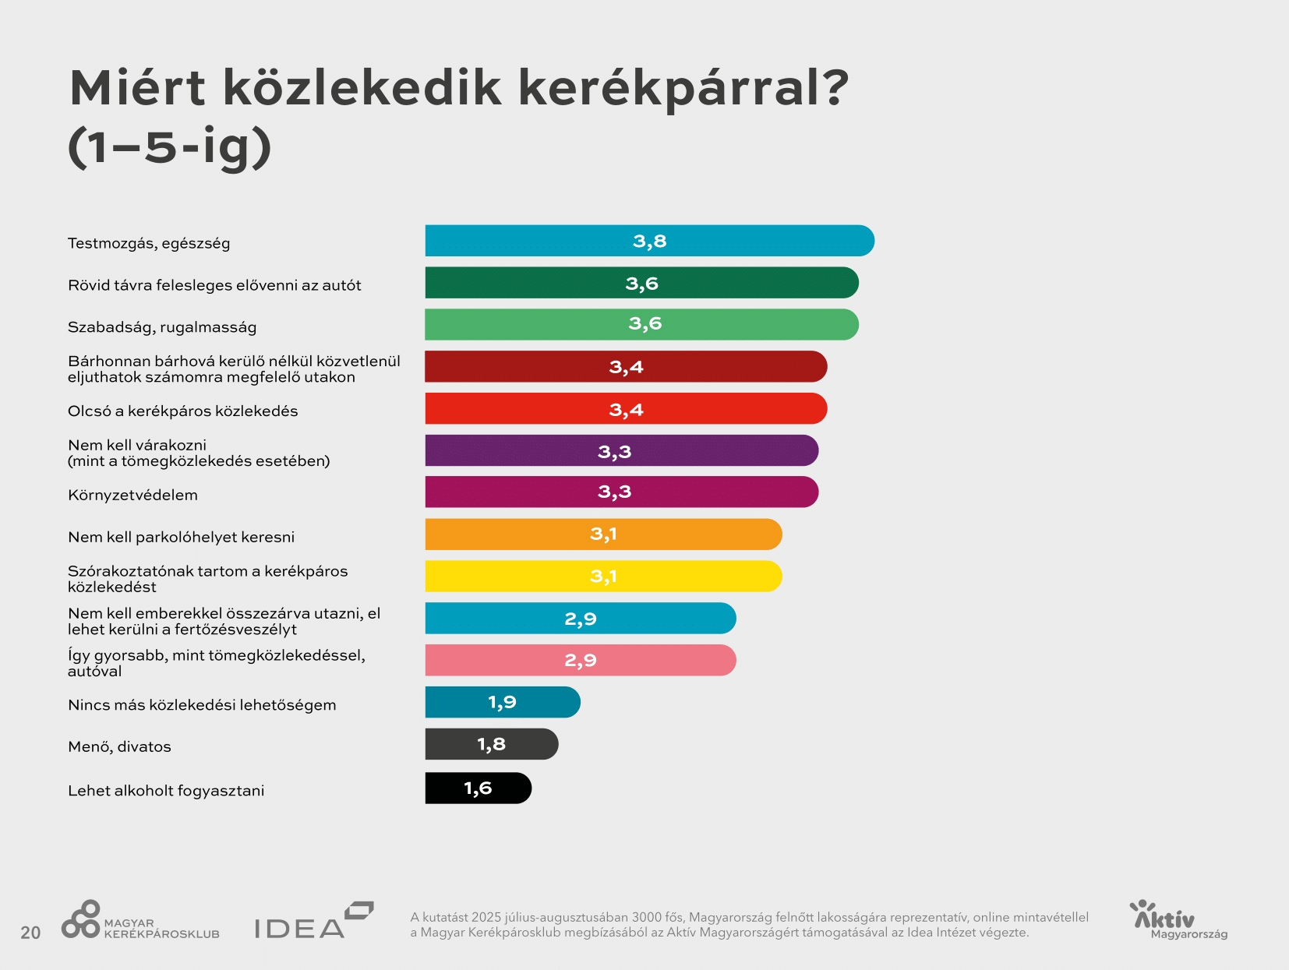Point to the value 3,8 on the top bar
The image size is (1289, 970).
point(649,242)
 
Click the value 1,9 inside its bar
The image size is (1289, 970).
point(502,703)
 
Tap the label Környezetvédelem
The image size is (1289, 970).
point(132,496)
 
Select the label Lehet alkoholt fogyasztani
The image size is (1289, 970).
point(166,791)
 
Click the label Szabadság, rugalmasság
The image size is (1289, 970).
point(162,327)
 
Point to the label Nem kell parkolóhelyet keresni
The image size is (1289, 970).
point(181,538)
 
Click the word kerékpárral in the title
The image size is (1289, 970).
point(683,88)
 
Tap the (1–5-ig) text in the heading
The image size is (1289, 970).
point(170,147)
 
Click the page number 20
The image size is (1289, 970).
point(30,933)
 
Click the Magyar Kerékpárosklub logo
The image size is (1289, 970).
point(140,921)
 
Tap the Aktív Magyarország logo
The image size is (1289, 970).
point(1177,920)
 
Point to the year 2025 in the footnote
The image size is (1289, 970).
point(486,918)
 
